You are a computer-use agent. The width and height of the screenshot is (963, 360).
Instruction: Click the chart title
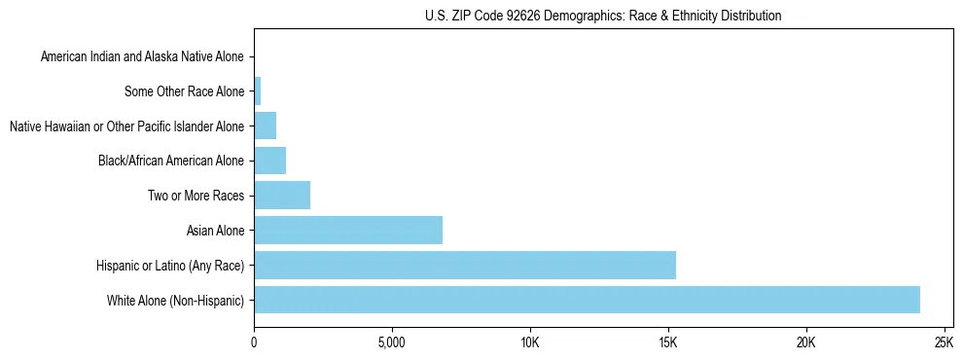point(603,16)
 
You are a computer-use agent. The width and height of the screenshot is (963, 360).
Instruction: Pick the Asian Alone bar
point(348,231)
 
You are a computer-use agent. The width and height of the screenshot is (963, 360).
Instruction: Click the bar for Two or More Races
point(282,196)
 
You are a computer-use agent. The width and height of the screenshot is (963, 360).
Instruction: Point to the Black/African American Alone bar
point(269,161)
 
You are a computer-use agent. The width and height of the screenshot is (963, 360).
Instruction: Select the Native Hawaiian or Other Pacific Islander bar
point(265,126)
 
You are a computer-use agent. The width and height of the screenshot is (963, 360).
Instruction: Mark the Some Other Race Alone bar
point(257,91)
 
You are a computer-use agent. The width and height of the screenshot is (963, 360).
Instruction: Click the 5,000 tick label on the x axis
point(391,343)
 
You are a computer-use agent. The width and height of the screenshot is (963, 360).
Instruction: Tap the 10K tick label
point(529,343)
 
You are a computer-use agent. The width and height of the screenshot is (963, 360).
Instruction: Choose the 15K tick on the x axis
point(667,343)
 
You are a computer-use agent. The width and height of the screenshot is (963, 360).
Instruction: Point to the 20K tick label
point(805,343)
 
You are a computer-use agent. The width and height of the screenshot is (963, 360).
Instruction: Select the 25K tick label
point(943,343)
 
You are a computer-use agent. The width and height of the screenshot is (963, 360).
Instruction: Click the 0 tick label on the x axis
point(254,343)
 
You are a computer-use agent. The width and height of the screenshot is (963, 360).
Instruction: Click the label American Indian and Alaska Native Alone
point(143,57)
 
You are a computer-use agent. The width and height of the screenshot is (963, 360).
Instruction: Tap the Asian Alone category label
point(216,231)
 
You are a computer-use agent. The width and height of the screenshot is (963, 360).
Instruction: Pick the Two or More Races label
point(196,196)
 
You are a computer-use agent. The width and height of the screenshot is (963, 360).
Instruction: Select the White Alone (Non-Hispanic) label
point(176,300)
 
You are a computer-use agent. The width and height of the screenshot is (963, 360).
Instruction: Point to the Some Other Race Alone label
point(185,91)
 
